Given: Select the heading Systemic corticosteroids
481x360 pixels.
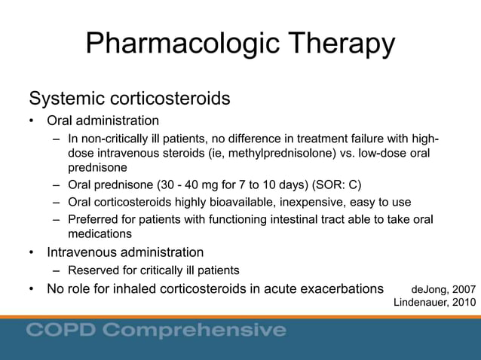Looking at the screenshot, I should coord(129,99).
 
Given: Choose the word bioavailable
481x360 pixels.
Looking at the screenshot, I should coord(231,203).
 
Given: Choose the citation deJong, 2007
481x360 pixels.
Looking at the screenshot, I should coord(443,289).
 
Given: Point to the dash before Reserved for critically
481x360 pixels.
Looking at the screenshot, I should coord(57,270).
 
